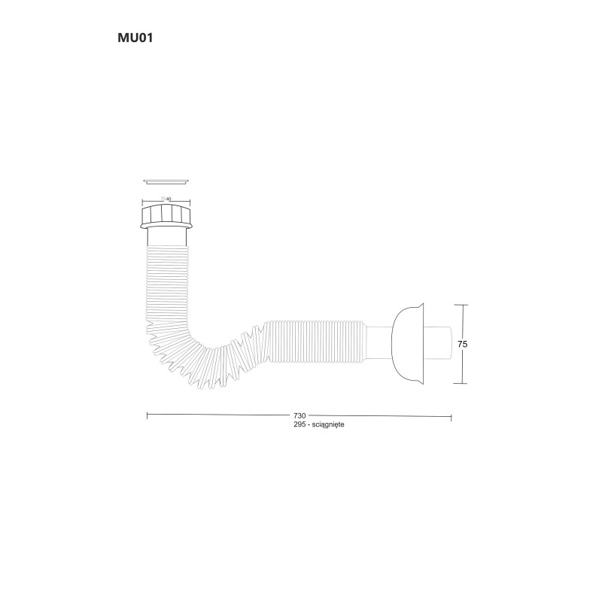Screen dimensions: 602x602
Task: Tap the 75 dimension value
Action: coord(463,344)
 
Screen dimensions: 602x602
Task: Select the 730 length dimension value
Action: coord(299,415)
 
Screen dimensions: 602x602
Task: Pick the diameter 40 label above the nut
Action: coord(167,199)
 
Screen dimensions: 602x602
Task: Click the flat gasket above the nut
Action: coord(166,181)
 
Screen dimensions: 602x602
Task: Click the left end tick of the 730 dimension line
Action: coord(147,415)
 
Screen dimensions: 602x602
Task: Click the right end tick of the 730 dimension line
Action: coord(451,415)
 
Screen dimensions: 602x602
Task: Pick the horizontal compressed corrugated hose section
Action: coord(316,335)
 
